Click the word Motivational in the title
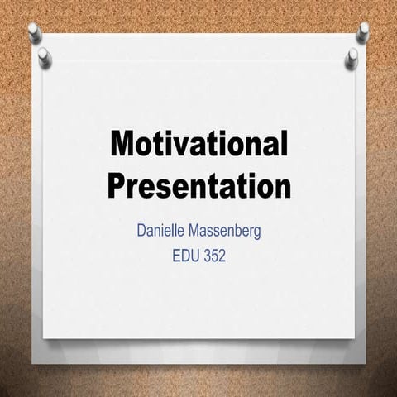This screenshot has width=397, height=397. (x=198, y=146)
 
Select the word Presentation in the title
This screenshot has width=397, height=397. (x=198, y=184)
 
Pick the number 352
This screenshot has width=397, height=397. (x=213, y=256)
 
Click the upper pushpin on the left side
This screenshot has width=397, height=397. (x=34, y=31)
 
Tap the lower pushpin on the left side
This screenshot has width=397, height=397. (x=44, y=55)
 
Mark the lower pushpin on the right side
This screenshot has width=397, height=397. (x=352, y=55)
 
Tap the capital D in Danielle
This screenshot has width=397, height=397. (x=141, y=231)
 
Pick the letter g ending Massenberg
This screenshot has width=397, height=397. (x=256, y=233)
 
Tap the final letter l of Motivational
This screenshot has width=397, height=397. (x=283, y=145)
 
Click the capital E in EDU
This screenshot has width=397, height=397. (x=176, y=256)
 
